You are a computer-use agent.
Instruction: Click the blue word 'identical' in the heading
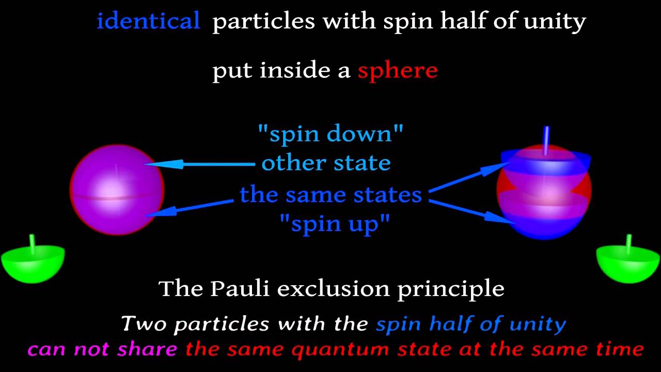(148, 21)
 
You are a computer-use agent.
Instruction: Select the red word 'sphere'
(398, 70)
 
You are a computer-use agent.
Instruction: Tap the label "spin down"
(330, 134)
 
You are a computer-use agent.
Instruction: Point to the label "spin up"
(335, 224)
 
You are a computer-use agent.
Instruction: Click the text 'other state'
(326, 163)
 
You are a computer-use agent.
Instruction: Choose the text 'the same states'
(330, 195)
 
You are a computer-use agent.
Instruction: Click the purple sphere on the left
(117, 190)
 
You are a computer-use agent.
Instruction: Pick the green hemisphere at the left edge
(33, 263)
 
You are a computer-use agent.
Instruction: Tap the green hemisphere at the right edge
(628, 263)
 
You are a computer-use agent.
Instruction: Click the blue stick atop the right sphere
(546, 139)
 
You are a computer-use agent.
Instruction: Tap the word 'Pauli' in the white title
(240, 288)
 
